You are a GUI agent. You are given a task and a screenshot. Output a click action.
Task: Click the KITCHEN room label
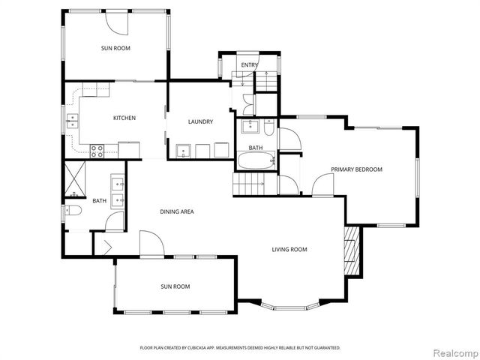[x=124, y=118]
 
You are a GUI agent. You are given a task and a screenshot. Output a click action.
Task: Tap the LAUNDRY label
[x=201, y=121]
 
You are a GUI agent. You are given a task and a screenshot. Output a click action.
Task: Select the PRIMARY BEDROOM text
[x=357, y=169]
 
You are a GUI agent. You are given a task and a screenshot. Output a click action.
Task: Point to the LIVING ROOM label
[x=289, y=250]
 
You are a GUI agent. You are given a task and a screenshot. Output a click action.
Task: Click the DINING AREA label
[x=177, y=212]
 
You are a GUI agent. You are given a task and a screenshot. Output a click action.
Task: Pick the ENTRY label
[x=249, y=65]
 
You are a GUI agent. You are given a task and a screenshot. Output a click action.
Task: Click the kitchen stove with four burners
[x=97, y=150]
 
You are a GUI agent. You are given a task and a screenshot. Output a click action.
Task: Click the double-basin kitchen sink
[x=73, y=120]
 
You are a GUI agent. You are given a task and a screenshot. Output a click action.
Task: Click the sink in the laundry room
[x=184, y=150]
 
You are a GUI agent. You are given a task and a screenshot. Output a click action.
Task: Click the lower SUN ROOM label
[x=175, y=286]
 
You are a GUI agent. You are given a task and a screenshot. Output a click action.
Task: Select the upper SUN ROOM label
[x=115, y=48]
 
